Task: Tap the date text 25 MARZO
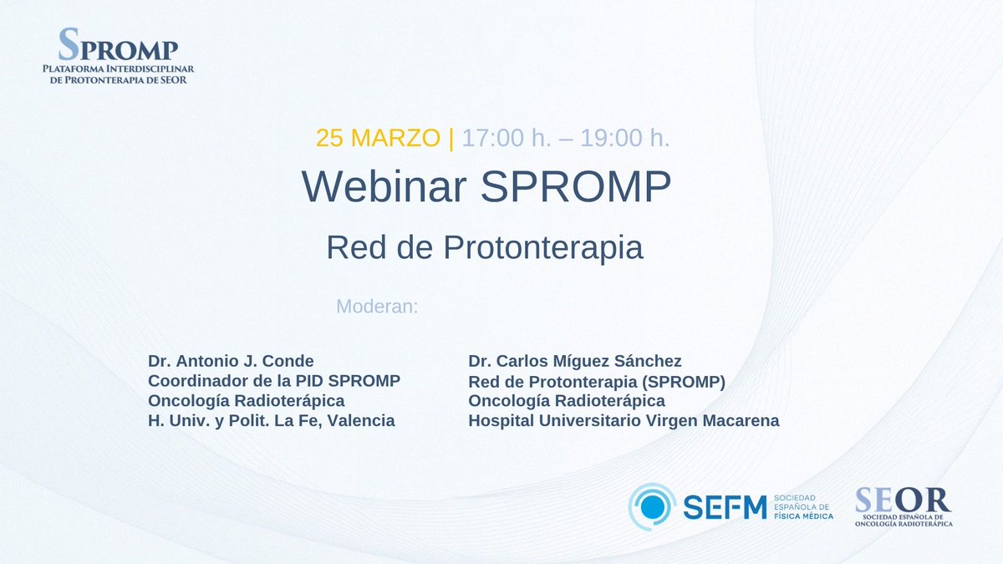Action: [x=377, y=138]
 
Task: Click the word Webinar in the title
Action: [x=381, y=188]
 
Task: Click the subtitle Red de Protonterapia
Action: [x=485, y=247]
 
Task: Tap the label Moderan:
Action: [x=376, y=307]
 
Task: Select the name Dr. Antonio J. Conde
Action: [x=231, y=361]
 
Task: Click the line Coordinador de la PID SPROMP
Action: [x=274, y=381]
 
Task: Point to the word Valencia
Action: [x=361, y=420]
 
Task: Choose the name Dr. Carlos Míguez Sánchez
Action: [x=575, y=361]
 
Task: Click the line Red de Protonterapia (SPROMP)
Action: [x=596, y=382]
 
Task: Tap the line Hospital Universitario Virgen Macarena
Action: [x=624, y=421]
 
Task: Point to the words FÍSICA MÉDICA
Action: [x=803, y=516]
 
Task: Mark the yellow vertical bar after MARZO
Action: [x=451, y=138]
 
